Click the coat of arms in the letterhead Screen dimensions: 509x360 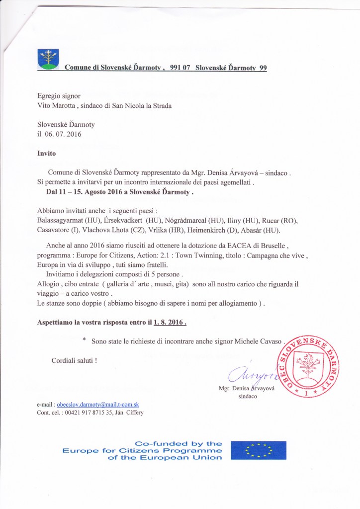pyautogui.click(x=48, y=59)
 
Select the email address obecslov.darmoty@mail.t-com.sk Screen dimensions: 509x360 pyautogui.click(x=98, y=405)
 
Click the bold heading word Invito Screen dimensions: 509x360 pyautogui.click(x=47, y=154)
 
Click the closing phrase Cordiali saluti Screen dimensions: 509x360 pyautogui.click(x=74, y=360)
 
